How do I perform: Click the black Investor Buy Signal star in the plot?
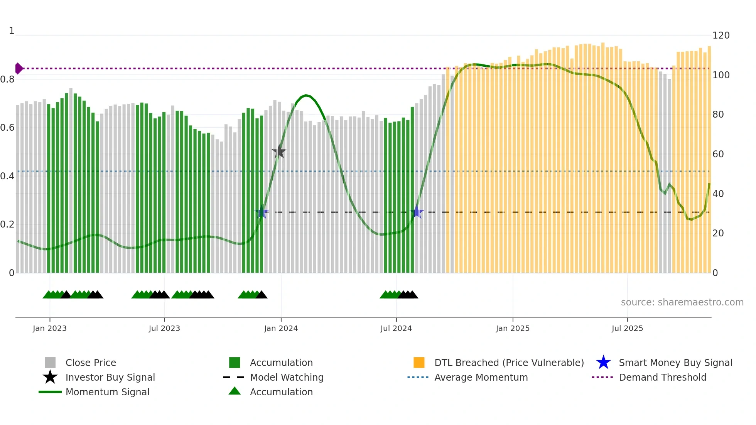[279, 152]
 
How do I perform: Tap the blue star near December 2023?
[262, 212]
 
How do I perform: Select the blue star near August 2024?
[417, 212]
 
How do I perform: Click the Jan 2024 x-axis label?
[281, 328]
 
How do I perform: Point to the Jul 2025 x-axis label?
[627, 328]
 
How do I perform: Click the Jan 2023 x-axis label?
[50, 328]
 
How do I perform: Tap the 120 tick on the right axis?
[721, 35]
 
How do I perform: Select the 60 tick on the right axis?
[718, 154]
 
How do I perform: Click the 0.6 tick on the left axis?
[7, 128]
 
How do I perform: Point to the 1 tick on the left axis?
[12, 31]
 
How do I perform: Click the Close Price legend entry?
[90, 363]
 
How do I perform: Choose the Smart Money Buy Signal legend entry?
[675, 363]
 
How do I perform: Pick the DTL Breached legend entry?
[509, 363]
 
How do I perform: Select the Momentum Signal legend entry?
[107, 392]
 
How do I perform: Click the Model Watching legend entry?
[287, 377]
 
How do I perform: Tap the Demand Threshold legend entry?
[662, 377]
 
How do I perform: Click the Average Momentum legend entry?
[481, 377]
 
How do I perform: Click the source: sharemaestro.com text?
[682, 302]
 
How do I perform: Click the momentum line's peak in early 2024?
[306, 95]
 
